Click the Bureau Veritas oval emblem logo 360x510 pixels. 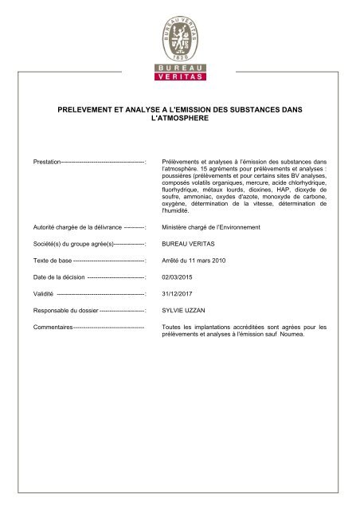coord(179,33)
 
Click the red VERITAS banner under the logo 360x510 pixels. coord(179,76)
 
